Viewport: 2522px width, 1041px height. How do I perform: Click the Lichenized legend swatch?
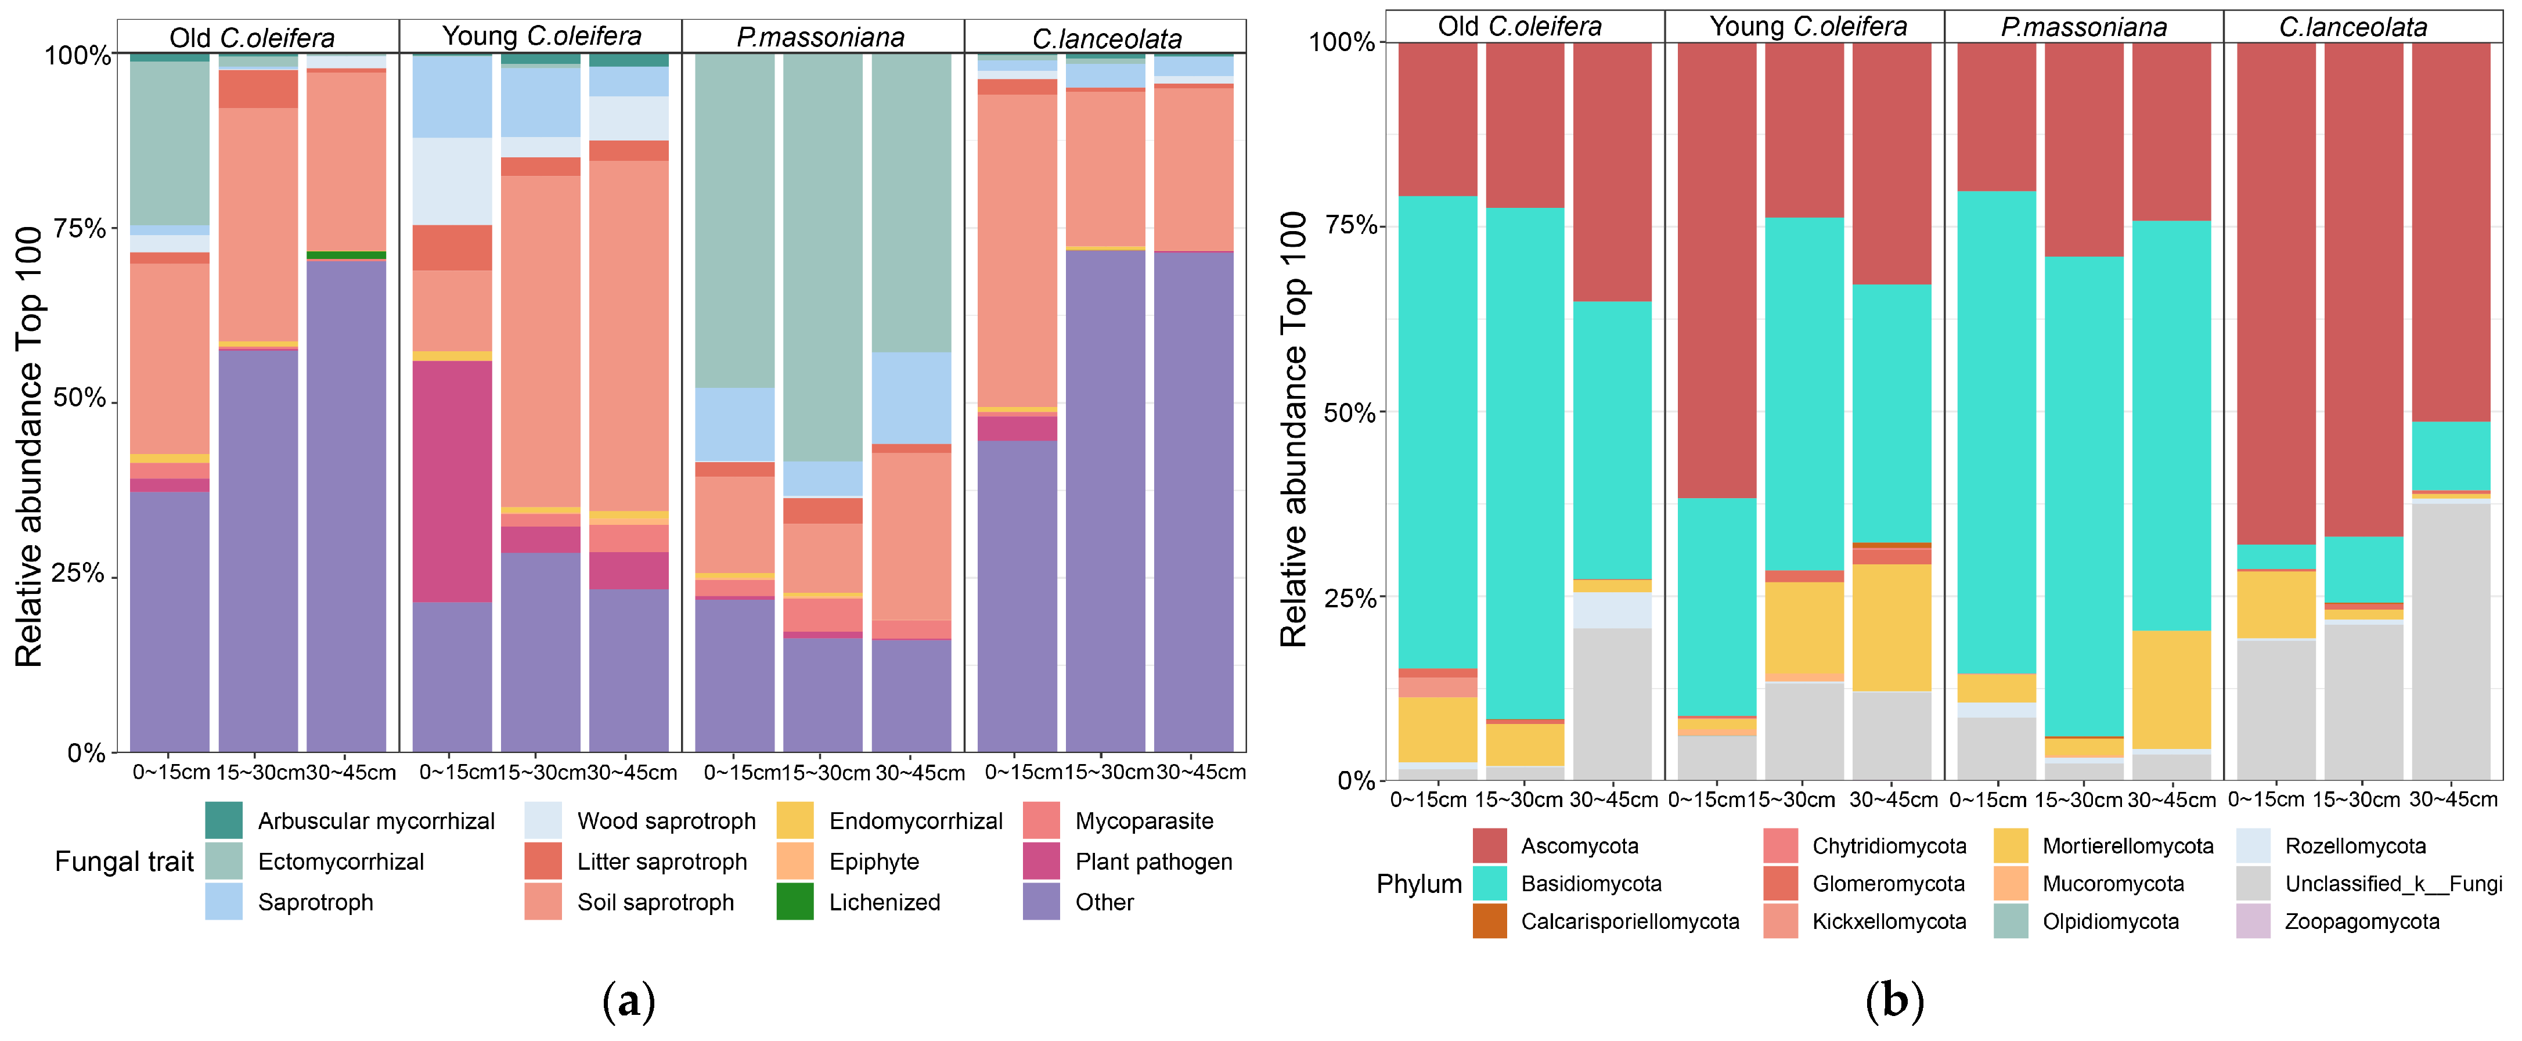tap(794, 902)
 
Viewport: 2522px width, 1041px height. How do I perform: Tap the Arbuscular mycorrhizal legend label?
tap(376, 820)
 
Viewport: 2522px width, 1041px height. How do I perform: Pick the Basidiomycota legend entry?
tap(1591, 883)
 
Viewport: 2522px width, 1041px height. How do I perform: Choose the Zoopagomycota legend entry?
tap(2361, 921)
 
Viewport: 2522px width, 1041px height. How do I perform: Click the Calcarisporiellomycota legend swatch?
tap(1489, 921)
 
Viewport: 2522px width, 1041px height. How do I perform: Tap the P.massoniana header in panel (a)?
tap(820, 37)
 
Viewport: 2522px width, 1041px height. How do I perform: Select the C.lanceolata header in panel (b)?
tap(2352, 27)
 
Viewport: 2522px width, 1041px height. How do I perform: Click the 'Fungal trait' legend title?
tap(124, 862)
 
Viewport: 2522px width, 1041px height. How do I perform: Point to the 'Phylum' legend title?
tap(1419, 883)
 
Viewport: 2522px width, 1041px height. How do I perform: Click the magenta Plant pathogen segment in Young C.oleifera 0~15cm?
tap(452, 481)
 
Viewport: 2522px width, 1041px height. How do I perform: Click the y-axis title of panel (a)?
tap(30, 445)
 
